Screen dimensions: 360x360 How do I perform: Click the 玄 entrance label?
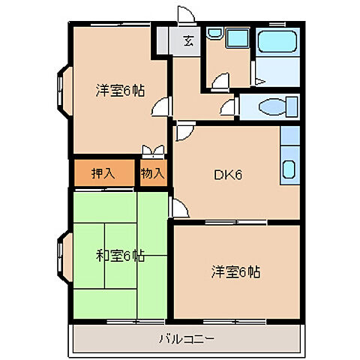pos(187,41)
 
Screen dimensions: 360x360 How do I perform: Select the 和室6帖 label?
pos(120,256)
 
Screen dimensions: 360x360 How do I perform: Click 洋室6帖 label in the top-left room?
pos(120,91)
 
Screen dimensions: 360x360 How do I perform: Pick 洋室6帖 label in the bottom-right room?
pos(235,272)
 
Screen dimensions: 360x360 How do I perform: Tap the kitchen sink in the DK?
pos(288,166)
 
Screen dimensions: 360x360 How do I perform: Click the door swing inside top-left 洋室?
pos(160,111)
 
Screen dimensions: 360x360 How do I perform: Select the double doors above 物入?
pos(152,151)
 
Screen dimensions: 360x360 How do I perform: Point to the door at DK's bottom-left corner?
pos(180,208)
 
